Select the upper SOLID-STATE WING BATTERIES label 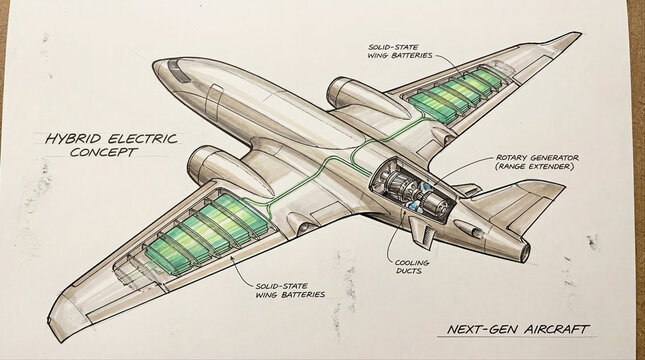tap(400, 50)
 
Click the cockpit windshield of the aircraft tap(178, 70)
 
